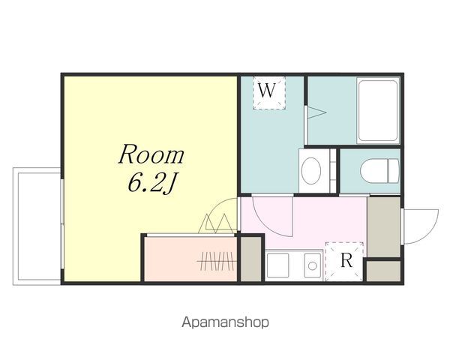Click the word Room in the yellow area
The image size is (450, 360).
pyautogui.click(x=151, y=154)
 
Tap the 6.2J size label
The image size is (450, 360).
pyautogui.click(x=151, y=183)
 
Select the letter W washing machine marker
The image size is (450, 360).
pyautogui.click(x=267, y=90)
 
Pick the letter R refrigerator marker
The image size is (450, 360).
pyautogui.click(x=346, y=260)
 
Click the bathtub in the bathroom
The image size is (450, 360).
pyautogui.click(x=378, y=110)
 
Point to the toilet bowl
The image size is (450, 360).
pyautogui.click(x=379, y=171)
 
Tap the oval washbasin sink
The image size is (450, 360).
pyautogui.click(x=311, y=171)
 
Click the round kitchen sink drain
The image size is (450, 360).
pyautogui.click(x=313, y=265)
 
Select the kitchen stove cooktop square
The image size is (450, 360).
pyautogui.click(x=277, y=265)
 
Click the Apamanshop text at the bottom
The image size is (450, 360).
pyautogui.click(x=225, y=322)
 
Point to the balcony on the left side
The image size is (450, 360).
pyautogui.click(x=37, y=226)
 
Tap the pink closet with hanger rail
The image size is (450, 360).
pyautogui.click(x=190, y=259)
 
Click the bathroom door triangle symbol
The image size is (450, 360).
pyautogui.click(x=316, y=112)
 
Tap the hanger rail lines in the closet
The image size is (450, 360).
pyautogui.click(x=217, y=261)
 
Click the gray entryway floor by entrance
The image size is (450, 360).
pyautogui.click(x=384, y=226)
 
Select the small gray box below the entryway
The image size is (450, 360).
pyautogui.click(x=383, y=271)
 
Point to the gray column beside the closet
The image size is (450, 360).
pyautogui.click(x=250, y=259)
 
